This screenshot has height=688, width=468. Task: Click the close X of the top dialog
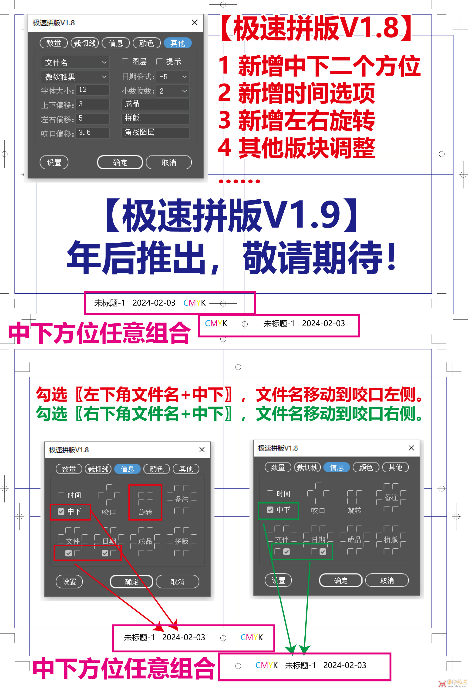click(195, 23)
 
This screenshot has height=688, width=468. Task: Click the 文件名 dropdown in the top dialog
click(75, 62)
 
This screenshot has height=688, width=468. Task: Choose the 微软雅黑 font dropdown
click(75, 77)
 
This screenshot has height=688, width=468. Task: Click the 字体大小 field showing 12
click(92, 90)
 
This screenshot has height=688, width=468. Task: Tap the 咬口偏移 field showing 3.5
click(92, 133)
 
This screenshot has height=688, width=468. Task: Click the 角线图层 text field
click(155, 132)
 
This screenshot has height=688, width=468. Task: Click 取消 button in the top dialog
click(169, 162)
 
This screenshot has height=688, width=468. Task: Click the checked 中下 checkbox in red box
click(61, 511)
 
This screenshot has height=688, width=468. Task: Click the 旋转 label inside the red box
click(145, 512)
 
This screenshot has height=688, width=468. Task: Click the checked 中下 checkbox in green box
click(270, 510)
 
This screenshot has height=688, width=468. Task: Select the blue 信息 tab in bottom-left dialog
click(128, 469)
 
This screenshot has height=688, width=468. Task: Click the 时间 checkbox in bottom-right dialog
click(270, 493)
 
